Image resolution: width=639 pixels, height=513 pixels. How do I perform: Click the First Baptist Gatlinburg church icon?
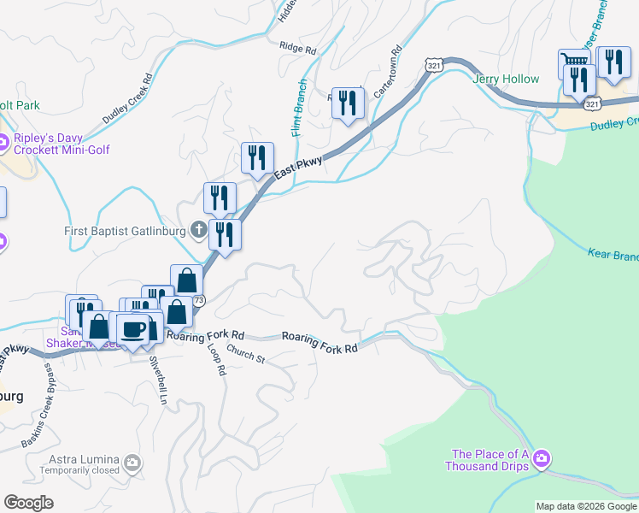[198, 230]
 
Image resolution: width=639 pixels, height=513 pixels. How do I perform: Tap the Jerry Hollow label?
[506, 80]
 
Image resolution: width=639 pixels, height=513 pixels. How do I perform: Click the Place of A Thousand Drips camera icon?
[541, 461]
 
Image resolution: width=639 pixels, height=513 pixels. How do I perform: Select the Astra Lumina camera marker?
[132, 463]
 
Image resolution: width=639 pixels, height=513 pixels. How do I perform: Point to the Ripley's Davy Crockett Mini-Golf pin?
[5, 142]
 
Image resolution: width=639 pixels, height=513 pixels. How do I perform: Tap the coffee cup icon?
[132, 329]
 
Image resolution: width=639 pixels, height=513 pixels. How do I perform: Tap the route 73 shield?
[198, 301]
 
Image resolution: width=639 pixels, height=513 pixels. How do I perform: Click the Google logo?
[28, 503]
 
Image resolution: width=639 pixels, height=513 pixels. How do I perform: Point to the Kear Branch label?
[613, 255]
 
